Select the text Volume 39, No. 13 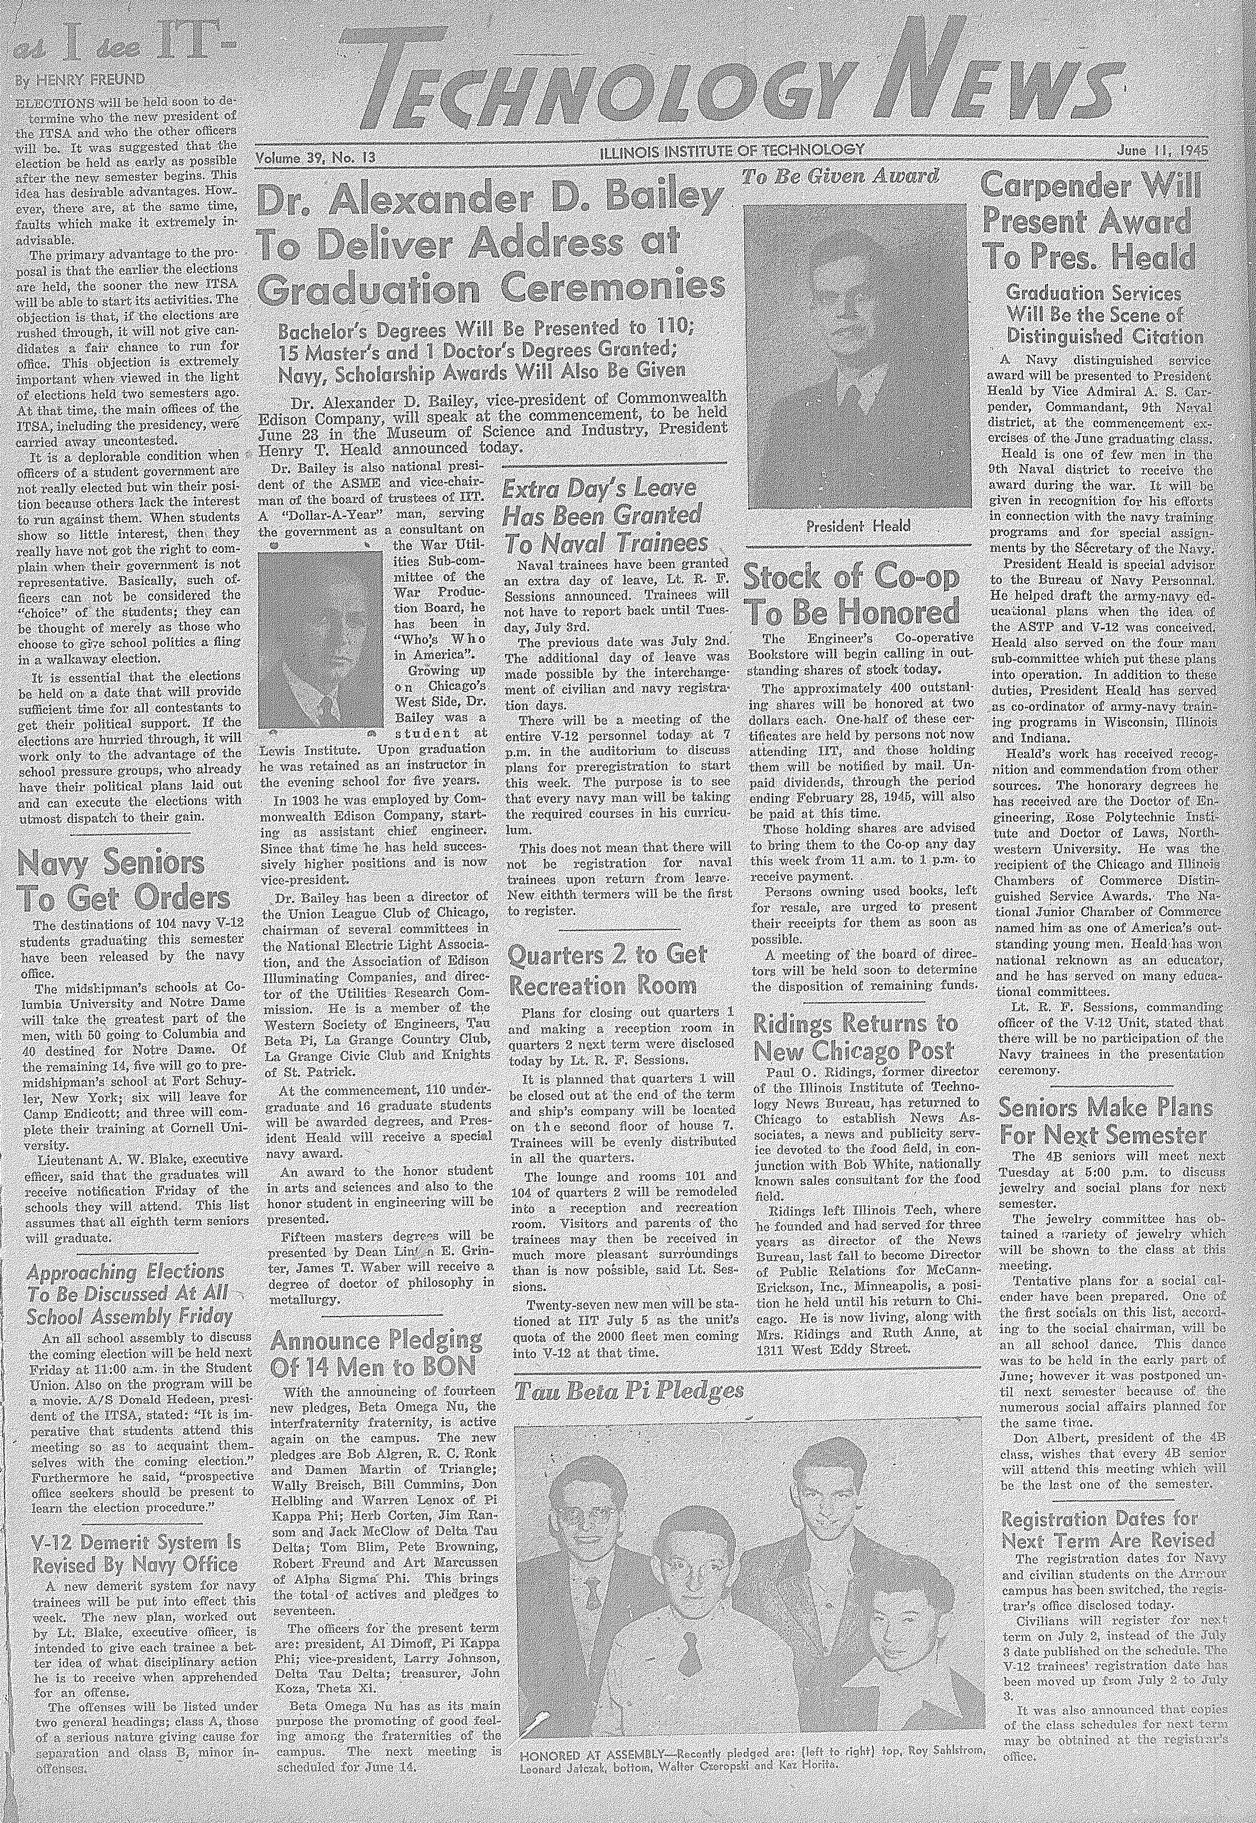(315, 157)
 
